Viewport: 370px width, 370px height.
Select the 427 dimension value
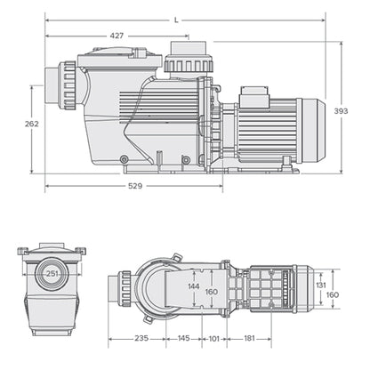(x=117, y=36)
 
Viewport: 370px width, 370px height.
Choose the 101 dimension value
(x=213, y=338)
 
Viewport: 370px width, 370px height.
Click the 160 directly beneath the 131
(x=331, y=296)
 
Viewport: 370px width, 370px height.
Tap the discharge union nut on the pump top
(x=186, y=63)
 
